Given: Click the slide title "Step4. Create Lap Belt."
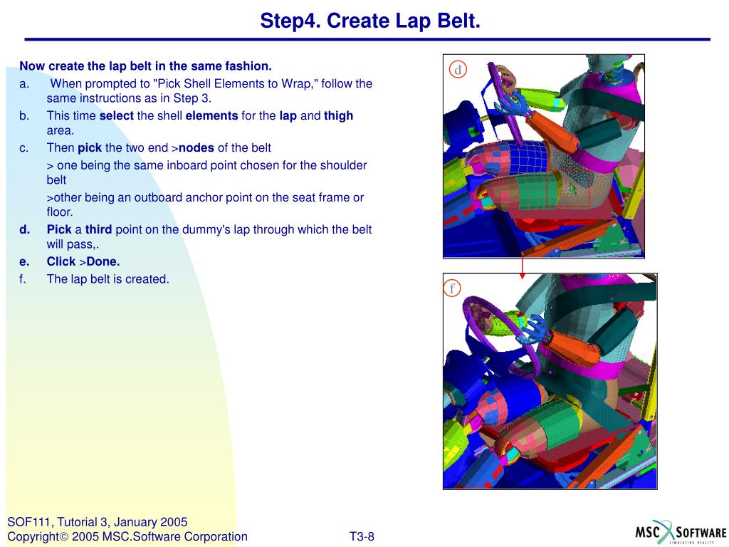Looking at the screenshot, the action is pos(369,21).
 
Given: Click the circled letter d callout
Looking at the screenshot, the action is pos(458,69).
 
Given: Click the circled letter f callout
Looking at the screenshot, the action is pos(452,288).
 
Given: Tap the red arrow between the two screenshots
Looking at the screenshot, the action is pos(522,266).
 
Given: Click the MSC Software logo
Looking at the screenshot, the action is pos(681,531).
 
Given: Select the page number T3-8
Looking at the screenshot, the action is pos(362,537).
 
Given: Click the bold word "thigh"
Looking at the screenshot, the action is pos(338,115).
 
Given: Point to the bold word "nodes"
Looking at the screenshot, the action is pos(196,147).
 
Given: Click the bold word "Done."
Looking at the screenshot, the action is pos(103,261).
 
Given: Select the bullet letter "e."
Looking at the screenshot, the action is pos(24,262).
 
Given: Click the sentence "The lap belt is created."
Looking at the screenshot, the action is pos(108,279).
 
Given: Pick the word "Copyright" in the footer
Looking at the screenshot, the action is pos(33,537).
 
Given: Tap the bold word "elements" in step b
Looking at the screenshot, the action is pos(211,115).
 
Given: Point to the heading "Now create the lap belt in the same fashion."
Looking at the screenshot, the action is pos(145,66).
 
